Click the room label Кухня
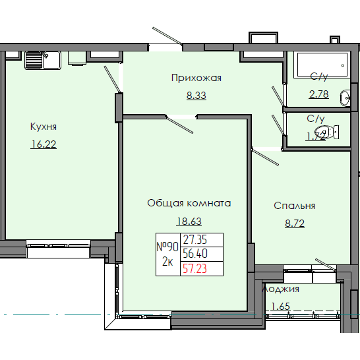pos(44,127)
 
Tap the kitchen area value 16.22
pos(44,144)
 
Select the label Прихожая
pos(196,78)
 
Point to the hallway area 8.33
pos(196,95)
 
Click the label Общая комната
pos(189,203)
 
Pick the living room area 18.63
pos(189,222)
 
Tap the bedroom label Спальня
pos(294,206)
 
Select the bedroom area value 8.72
pos(294,223)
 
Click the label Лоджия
pos(282,289)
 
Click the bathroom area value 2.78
pos(318,94)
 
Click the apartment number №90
pos(167,246)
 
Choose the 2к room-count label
pos(167,261)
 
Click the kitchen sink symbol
pos(42,60)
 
